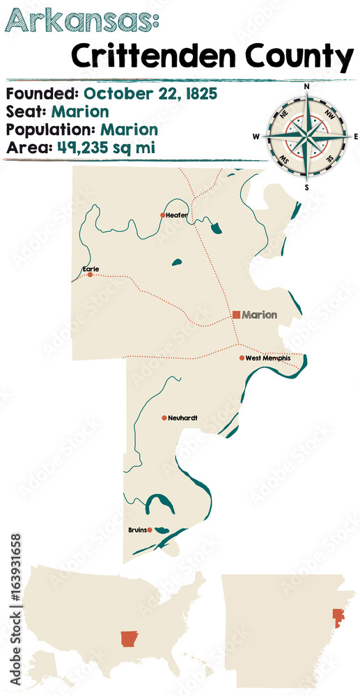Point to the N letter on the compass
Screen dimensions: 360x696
coord(306,86)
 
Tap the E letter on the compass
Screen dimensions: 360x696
coord(355,136)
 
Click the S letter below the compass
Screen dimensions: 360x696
coord(306,187)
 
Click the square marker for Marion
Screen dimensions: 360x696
coord(236,315)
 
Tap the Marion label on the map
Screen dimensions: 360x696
coord(260,315)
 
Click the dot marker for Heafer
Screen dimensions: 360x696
coord(163,215)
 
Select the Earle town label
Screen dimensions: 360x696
coord(90,268)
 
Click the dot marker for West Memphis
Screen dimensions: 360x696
coord(242,358)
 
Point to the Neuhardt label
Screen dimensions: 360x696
coord(183,418)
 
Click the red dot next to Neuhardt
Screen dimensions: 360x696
coord(164,418)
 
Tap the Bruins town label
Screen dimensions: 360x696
coord(137,530)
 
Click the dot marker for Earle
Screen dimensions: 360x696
coord(90,275)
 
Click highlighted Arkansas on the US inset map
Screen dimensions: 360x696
coord(130,639)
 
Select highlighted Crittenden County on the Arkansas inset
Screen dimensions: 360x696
coord(339,616)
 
